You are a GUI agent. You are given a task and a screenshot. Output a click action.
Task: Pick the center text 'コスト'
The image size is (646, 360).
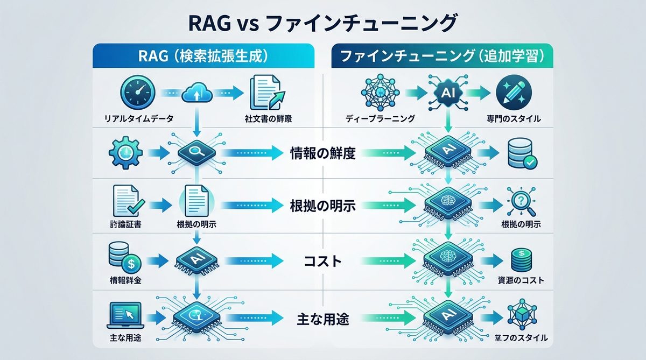(322, 262)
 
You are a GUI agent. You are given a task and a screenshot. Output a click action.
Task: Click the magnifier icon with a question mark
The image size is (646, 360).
(520, 204)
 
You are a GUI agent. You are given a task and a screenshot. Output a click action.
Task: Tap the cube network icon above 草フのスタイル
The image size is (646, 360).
(521, 317)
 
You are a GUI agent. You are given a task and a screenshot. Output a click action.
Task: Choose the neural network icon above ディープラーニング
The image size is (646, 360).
(380, 93)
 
